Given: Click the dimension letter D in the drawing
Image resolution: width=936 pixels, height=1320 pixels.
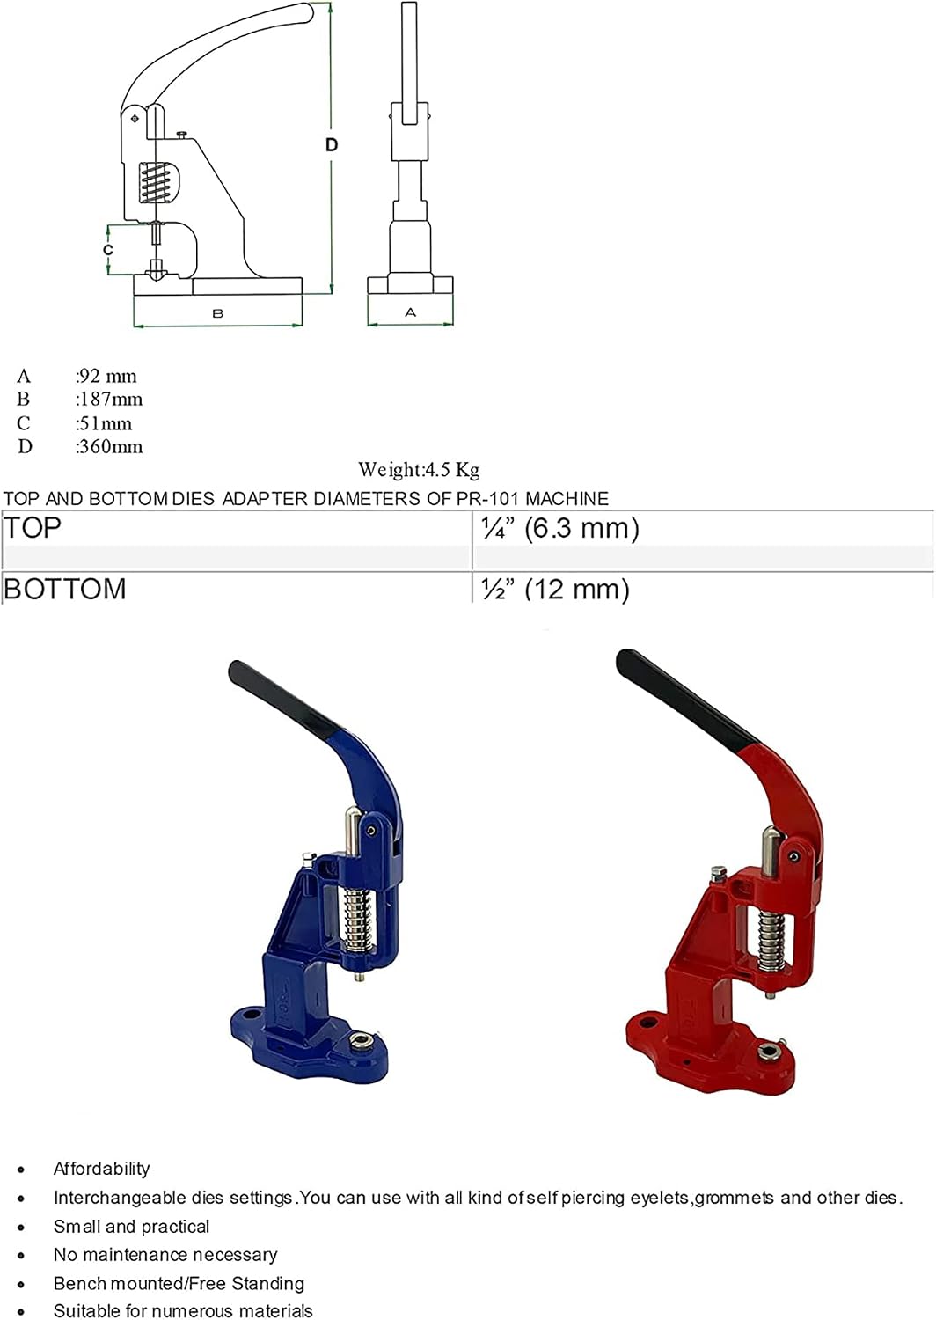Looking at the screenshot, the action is click(x=332, y=145).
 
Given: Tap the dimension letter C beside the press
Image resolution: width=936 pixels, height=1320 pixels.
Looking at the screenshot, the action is click(x=108, y=250).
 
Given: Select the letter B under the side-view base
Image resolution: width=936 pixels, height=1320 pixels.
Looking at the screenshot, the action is click(x=218, y=313).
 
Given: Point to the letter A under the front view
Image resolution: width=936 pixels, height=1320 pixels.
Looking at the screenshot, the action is click(x=411, y=312).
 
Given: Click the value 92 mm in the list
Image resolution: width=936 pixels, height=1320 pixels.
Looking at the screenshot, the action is click(x=106, y=376).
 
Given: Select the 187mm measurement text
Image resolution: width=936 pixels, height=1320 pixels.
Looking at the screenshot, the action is click(x=109, y=400).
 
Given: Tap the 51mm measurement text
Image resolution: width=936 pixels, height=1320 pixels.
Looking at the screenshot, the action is click(x=104, y=423).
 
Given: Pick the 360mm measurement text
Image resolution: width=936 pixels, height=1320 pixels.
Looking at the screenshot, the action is click(x=109, y=447).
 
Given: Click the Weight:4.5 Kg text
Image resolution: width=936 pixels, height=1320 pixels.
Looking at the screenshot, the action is click(x=419, y=470).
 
